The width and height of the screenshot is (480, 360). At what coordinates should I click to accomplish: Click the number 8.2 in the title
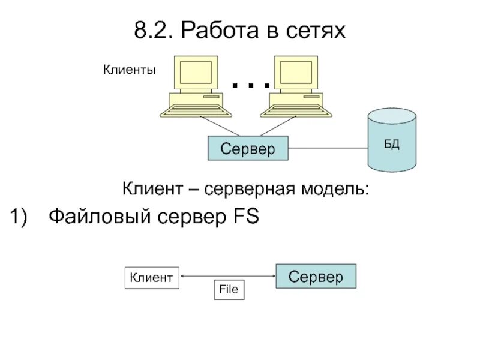(152, 29)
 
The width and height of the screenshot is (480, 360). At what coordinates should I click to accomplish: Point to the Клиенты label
(130, 70)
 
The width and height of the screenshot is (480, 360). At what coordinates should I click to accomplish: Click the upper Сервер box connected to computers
(248, 148)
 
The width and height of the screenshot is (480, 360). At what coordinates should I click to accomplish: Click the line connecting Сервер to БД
(328, 147)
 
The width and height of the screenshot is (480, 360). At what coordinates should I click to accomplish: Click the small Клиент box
(152, 278)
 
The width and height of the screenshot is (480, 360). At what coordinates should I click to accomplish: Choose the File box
(229, 290)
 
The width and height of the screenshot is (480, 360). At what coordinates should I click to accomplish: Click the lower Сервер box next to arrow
(316, 277)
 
